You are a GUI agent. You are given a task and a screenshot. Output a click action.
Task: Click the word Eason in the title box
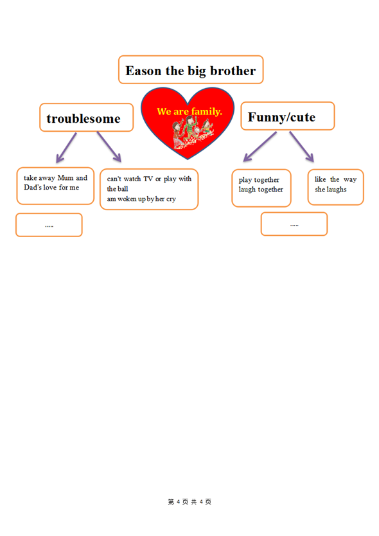click(143, 71)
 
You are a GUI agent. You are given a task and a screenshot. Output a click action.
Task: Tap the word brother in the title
click(233, 71)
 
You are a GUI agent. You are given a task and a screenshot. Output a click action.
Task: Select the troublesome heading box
click(87, 117)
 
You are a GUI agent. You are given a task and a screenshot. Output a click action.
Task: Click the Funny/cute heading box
click(287, 116)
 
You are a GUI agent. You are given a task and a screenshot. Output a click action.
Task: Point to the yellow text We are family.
click(189, 111)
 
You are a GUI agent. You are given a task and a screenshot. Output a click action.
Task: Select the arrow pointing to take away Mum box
click(66, 147)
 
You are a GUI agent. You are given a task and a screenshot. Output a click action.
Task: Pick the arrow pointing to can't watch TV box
click(109, 147)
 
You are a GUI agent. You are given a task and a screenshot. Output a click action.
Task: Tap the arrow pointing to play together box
click(260, 147)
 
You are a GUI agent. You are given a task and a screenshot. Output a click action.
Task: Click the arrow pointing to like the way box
click(301, 147)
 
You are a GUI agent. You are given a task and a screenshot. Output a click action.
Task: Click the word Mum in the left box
click(66, 178)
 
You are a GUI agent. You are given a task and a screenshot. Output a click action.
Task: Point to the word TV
click(148, 179)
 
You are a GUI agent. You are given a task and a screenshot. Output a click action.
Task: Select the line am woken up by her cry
click(141, 199)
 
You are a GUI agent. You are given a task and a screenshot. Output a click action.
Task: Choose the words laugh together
click(261, 190)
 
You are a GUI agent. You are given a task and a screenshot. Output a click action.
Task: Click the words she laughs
click(330, 190)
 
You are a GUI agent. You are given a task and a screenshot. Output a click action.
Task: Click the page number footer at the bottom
click(189, 502)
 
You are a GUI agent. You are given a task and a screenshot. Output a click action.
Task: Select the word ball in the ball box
click(123, 189)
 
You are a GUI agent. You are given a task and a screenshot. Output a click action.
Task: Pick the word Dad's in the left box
click(33, 187)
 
